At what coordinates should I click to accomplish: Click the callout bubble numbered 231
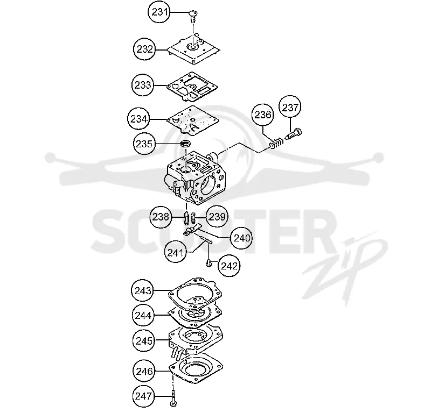click(159, 12)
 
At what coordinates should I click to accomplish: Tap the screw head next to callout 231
click(193, 13)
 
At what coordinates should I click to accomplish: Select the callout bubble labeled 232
click(144, 49)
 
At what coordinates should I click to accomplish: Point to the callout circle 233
click(143, 85)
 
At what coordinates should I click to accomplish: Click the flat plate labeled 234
click(193, 120)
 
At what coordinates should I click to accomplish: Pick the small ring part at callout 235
click(185, 143)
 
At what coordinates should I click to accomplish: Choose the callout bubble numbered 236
click(263, 115)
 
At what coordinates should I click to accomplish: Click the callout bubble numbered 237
click(290, 107)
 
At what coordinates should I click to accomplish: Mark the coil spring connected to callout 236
click(276, 143)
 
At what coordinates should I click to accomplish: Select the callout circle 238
click(161, 217)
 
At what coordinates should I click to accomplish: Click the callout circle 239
click(217, 217)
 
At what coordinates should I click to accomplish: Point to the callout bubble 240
click(242, 238)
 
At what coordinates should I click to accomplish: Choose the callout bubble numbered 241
click(176, 252)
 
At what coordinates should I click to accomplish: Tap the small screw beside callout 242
click(209, 264)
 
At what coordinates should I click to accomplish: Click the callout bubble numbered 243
click(143, 290)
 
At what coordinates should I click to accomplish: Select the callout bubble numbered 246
click(144, 371)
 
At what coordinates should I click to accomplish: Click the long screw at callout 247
click(173, 397)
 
